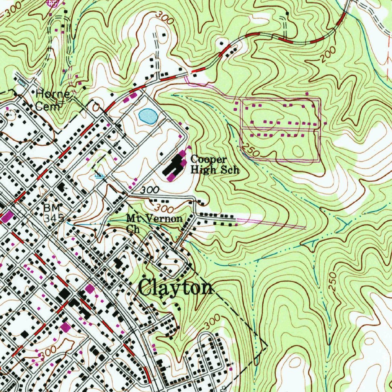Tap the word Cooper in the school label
pos(209,160)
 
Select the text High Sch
pos(215,170)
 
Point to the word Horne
pos(53,94)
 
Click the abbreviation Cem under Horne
pos(47,106)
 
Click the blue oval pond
pos(148,116)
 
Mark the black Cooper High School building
pos(175,166)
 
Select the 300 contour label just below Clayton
pos(212,322)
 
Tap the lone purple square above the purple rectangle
pos(307,93)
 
